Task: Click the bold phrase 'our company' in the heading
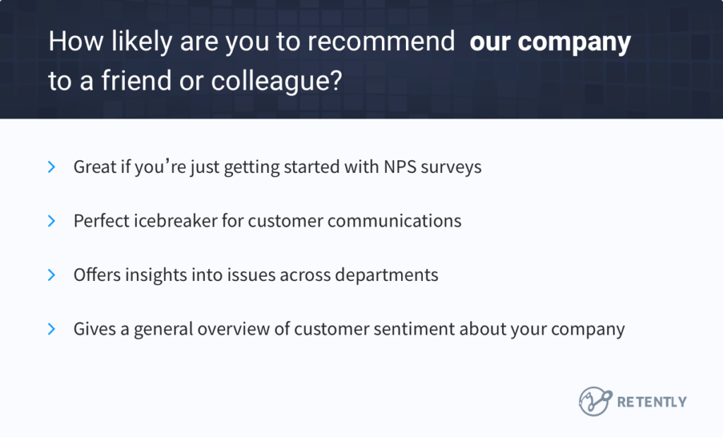[x=550, y=43]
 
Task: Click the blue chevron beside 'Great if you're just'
[x=52, y=167]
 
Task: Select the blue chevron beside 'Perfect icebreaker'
[x=52, y=221]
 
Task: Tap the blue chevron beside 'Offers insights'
[x=52, y=275]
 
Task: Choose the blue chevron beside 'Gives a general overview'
[x=52, y=329]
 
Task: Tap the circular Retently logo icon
[x=594, y=401]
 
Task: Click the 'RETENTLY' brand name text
[x=652, y=402]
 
